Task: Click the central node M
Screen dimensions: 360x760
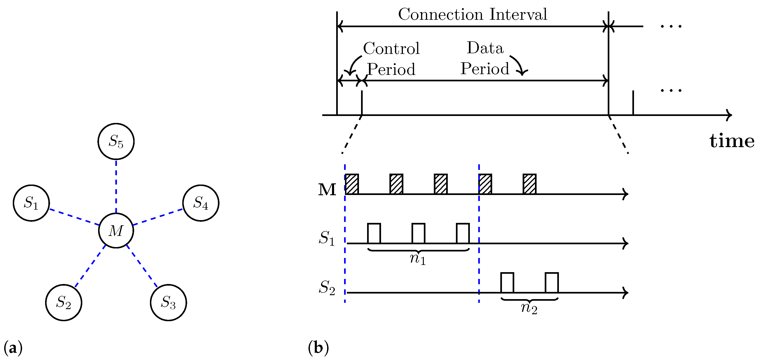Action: point(116,230)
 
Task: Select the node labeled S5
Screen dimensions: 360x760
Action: point(116,141)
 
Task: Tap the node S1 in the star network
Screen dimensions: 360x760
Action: point(31,203)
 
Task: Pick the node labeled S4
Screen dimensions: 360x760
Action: point(201,203)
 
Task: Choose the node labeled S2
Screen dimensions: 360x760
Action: point(64,303)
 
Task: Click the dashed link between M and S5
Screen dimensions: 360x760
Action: point(116,186)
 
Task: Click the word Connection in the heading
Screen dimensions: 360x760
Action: point(441,14)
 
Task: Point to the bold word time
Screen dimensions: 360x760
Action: point(732,141)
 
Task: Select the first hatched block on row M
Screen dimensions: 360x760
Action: point(352,184)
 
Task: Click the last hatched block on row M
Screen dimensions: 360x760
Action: point(530,184)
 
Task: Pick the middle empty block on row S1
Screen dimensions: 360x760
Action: point(418,233)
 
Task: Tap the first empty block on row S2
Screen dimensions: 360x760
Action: point(507,282)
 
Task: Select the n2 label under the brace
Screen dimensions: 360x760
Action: point(529,308)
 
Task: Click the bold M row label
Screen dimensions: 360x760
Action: point(327,190)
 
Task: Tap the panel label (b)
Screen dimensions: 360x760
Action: point(318,348)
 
